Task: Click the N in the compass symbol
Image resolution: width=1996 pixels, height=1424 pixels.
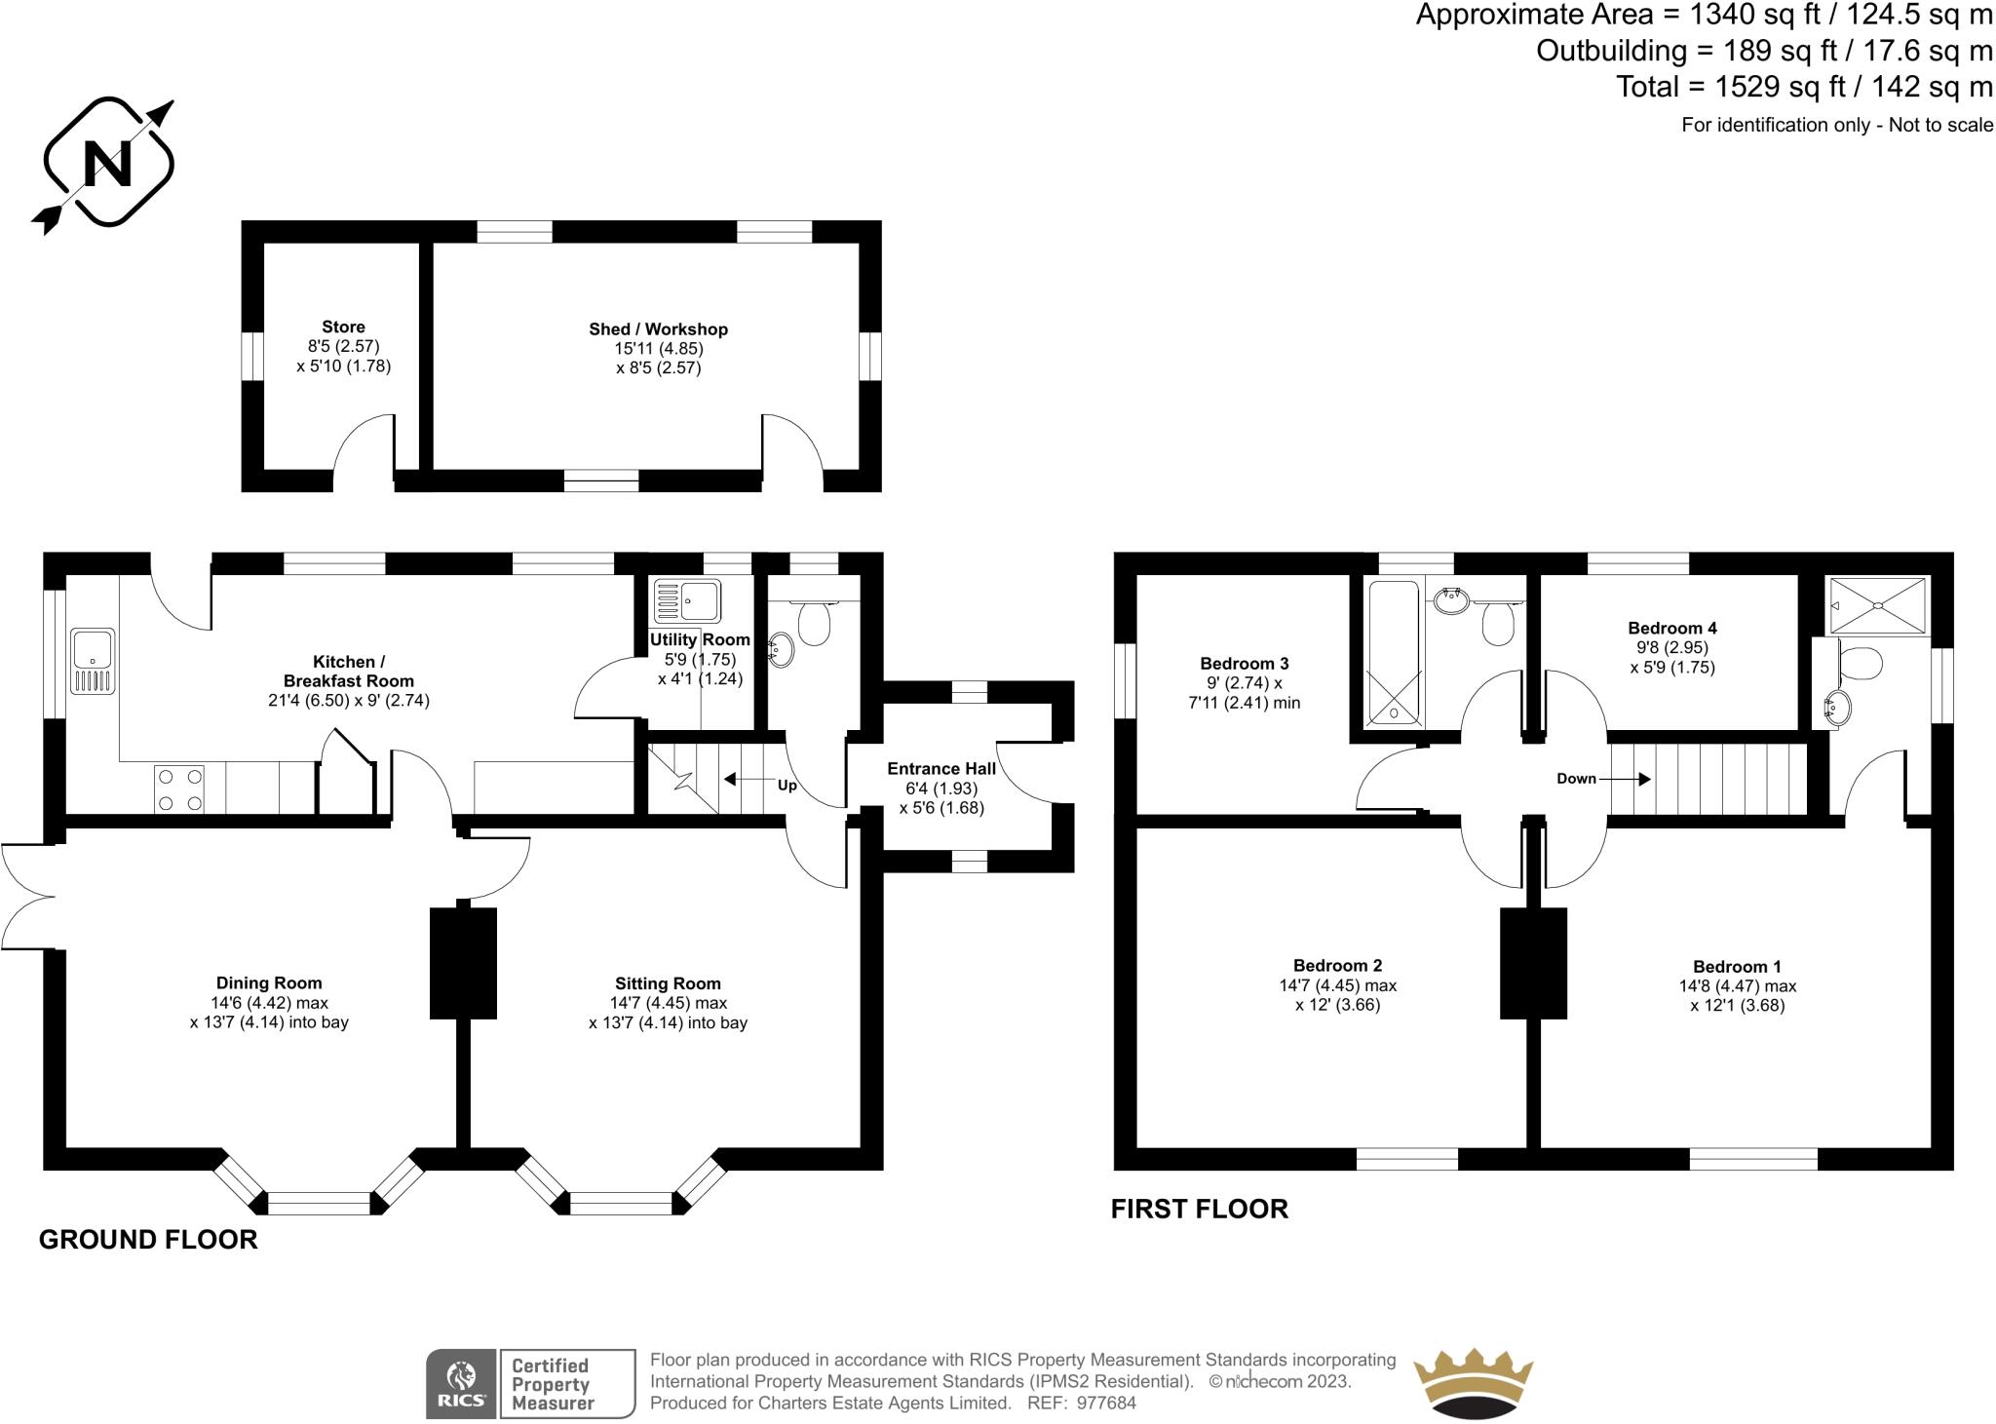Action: [107, 163]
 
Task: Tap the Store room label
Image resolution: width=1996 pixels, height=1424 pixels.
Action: [343, 327]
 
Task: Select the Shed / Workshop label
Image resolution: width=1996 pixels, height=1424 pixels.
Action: [658, 329]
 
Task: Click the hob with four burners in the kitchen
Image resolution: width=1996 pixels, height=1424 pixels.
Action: [179, 789]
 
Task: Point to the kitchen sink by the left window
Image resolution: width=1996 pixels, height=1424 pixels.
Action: [93, 662]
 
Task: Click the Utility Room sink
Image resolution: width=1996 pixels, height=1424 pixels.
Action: [686, 600]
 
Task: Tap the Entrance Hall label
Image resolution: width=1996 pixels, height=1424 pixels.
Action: [940, 769]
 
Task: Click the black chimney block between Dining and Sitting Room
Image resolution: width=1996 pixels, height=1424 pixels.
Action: [463, 963]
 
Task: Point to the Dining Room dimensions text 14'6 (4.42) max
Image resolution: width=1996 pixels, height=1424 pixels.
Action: [269, 1003]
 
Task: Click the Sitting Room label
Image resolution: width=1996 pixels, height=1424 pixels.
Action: [668, 983]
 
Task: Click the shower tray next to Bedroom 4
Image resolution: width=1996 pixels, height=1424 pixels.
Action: [1877, 605]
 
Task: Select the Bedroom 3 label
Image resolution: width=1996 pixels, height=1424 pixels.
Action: [1244, 664]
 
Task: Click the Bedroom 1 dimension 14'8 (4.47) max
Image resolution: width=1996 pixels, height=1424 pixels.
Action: [1737, 985]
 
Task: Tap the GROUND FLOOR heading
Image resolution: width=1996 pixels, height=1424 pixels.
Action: [148, 1240]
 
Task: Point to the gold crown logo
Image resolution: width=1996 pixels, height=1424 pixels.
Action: [1473, 1384]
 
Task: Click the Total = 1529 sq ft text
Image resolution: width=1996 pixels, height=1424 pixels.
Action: [1803, 87]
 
